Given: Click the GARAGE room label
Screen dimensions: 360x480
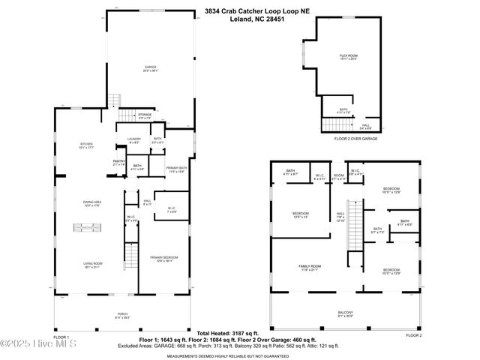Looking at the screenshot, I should [150, 67].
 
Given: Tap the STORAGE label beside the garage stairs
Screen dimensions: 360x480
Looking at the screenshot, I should [145, 115].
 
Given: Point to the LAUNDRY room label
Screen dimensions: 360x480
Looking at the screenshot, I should [133, 139].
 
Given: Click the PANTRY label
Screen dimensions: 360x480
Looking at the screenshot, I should [118, 160].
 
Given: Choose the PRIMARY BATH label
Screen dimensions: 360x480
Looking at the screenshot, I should [176, 168].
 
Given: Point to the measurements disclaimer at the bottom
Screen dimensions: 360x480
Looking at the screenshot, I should [238, 355].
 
